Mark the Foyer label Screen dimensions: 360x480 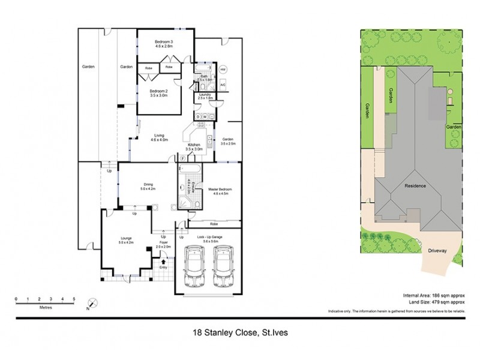(x=163, y=244)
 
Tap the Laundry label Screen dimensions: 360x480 (x=205, y=94)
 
